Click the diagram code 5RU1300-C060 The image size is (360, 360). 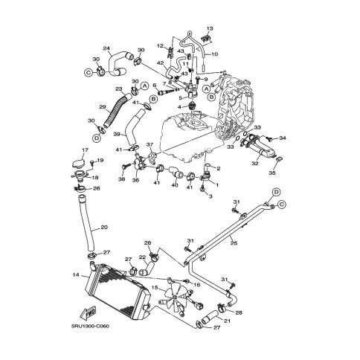coord(90,326)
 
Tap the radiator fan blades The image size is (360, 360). coord(175,297)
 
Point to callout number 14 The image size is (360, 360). coord(76,274)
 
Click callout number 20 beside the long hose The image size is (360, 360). coord(104,227)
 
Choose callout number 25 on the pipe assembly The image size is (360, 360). coord(234,242)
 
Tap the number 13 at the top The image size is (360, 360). coord(210,28)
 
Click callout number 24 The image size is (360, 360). coord(106,48)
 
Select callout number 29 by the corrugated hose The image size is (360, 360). coord(103,107)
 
